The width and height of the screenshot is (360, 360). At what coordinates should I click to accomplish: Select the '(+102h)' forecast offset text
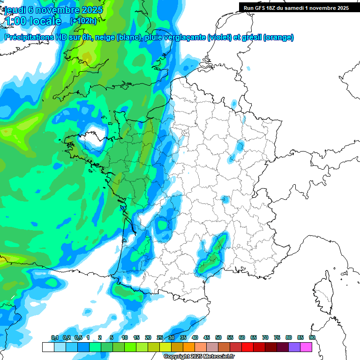coord(83,21)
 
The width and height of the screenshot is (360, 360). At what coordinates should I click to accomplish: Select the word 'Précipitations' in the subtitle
coord(28,37)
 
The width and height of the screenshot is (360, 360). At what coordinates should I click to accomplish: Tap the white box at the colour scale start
coord(48,347)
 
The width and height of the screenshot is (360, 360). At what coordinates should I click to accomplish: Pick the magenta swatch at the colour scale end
coord(306,347)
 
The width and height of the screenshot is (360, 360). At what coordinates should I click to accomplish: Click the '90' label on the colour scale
coord(312,338)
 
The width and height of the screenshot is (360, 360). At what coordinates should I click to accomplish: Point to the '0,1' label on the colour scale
coord(54,338)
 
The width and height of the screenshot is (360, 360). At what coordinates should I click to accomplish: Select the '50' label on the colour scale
coord(218,338)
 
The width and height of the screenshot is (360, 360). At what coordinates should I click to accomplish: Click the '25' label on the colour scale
coord(160,338)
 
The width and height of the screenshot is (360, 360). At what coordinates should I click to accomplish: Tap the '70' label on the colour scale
coord(265,338)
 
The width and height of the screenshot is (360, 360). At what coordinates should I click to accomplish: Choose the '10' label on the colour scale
coord(125,338)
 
